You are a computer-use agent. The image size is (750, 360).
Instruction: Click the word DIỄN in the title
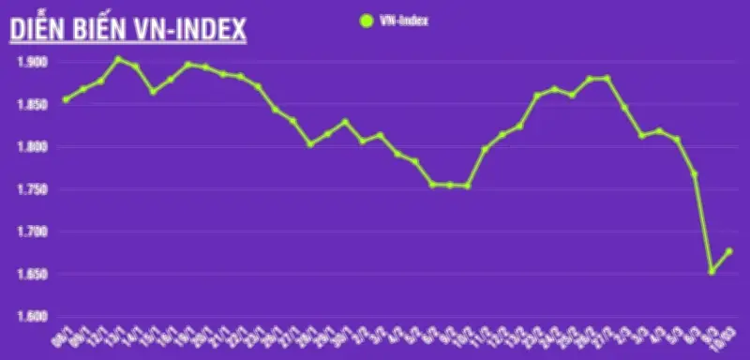37,30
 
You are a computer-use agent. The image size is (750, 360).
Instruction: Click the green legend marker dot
365,19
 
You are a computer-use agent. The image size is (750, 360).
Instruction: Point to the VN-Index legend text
403,19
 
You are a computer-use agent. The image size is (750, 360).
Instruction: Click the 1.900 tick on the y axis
32,62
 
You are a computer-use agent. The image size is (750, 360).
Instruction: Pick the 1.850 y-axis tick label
32,104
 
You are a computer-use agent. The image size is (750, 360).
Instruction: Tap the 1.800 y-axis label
32,146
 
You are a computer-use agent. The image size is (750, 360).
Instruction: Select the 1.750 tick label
32,188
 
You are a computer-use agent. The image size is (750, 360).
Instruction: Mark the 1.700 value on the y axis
32,232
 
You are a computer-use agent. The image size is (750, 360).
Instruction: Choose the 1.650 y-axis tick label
32,274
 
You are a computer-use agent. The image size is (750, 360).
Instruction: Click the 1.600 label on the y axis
32,316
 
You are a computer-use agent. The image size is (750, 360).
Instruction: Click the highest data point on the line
118,59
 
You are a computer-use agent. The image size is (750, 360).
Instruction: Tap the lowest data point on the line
712,272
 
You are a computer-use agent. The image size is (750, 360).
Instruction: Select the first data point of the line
66,99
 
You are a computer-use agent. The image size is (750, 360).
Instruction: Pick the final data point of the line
728,251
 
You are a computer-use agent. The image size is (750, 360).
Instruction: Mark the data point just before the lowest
695,173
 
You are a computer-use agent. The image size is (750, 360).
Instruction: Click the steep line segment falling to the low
703,223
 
